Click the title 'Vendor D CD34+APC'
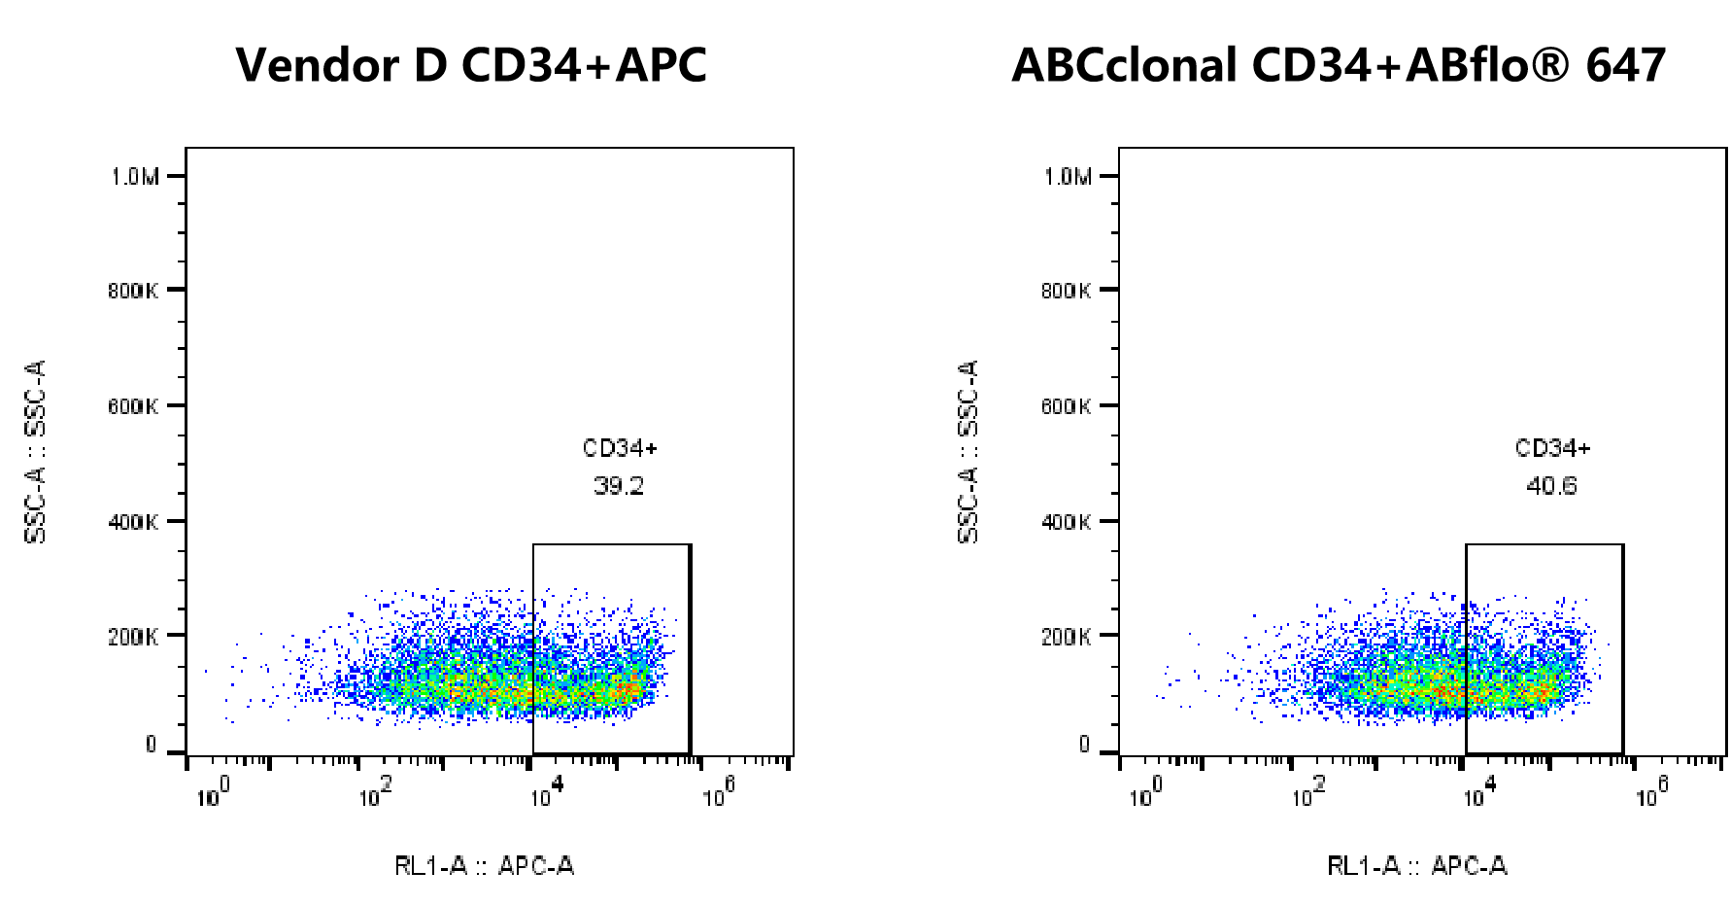471,66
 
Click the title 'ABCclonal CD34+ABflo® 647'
1339,66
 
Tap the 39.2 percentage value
619,486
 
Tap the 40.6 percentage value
1551,486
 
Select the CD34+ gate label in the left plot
620,448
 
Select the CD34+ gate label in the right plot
1552,448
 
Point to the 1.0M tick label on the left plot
134,177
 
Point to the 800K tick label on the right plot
1066,291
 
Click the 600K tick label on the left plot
133,406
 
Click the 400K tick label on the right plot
1066,522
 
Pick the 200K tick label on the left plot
133,638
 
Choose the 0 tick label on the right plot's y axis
1084,746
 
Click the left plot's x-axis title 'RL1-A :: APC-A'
484,866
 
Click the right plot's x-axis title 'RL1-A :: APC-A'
1416,866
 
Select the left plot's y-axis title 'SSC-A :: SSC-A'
36,452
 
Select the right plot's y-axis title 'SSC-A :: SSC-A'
968,452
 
